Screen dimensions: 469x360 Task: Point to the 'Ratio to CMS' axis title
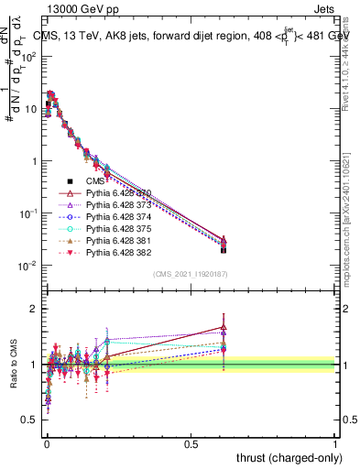[13, 378]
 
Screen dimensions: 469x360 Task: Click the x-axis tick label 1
[335, 443]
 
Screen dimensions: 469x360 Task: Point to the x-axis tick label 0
[46, 443]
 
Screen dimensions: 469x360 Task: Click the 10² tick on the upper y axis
[29, 56]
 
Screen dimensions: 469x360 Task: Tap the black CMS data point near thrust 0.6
[224, 249]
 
